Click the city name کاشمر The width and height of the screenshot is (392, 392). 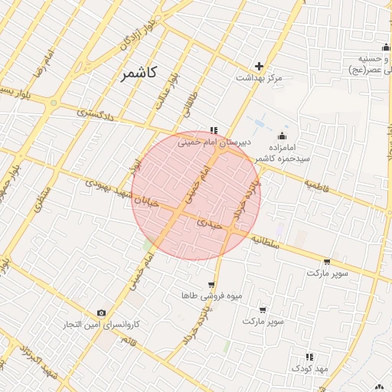click(x=139, y=73)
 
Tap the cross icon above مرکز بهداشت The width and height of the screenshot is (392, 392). click(x=259, y=66)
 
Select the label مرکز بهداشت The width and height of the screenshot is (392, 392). click(x=259, y=78)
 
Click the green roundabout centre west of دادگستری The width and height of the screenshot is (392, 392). click(x=54, y=102)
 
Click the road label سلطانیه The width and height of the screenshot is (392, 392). click(x=268, y=242)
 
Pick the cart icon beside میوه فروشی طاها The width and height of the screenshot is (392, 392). click(x=212, y=285)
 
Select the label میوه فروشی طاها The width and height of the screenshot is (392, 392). click(x=201, y=296)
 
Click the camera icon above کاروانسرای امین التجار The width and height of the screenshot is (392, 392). click(x=101, y=313)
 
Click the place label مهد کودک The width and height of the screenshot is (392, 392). click(x=309, y=368)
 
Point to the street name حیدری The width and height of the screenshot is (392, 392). click(x=209, y=224)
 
